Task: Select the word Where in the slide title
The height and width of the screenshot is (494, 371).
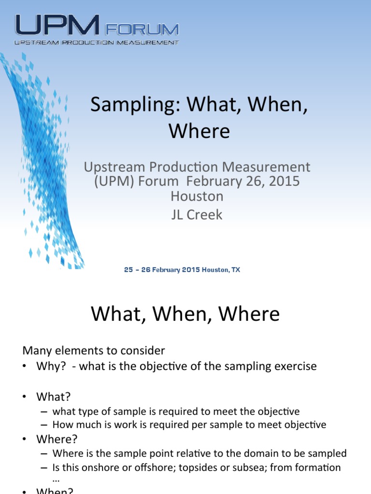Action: (x=200, y=131)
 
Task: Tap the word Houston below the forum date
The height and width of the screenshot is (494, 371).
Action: (x=197, y=196)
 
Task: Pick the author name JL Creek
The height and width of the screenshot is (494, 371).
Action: (x=197, y=214)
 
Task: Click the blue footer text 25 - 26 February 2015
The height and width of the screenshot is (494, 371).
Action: (x=162, y=270)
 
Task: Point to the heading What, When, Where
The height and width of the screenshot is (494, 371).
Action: (x=185, y=315)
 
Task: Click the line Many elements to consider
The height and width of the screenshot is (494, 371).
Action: (x=94, y=351)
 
